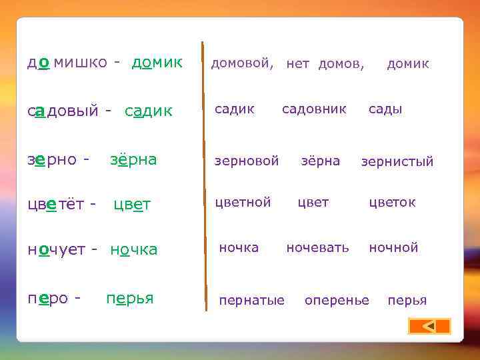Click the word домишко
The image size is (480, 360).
tap(67, 63)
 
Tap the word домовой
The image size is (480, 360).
tap(242, 63)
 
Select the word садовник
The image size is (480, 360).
tap(314, 109)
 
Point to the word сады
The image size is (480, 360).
tap(385, 109)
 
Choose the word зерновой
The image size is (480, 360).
tap(246, 161)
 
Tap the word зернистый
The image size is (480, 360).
tap(397, 161)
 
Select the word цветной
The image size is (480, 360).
tap(243, 202)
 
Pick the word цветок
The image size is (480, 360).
tap(392, 202)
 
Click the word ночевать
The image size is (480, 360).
tap(317, 247)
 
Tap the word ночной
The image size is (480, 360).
tap(393, 247)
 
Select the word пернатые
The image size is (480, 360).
tap(251, 301)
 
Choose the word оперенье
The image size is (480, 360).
tap(337, 301)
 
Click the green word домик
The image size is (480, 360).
tap(157, 63)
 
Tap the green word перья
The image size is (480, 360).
tap(130, 299)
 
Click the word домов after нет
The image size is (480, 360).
tap(341, 64)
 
